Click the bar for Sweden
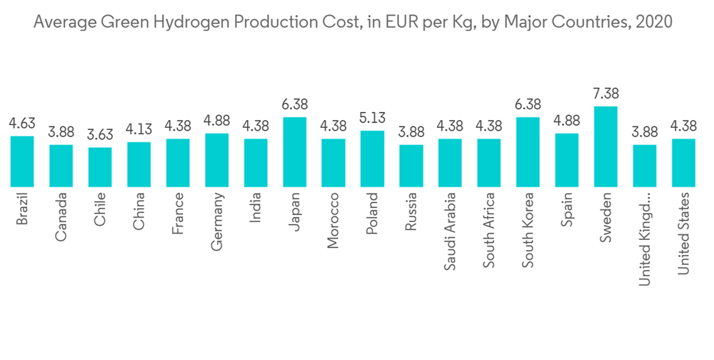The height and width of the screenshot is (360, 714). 605,146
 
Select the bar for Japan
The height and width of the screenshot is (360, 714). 295,151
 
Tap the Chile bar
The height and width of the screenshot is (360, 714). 100,166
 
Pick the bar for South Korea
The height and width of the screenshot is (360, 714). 528,151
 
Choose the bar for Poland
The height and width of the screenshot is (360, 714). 372,159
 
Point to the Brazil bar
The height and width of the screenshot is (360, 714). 22,161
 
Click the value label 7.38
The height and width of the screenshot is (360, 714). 605,94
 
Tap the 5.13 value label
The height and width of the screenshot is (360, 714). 372,119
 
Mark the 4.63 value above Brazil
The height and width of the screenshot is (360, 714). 22,124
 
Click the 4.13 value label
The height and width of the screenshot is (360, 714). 139,130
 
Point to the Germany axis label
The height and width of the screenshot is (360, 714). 217,221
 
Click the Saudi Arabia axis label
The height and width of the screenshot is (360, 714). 450,230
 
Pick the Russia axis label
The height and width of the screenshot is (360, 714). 411,211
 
